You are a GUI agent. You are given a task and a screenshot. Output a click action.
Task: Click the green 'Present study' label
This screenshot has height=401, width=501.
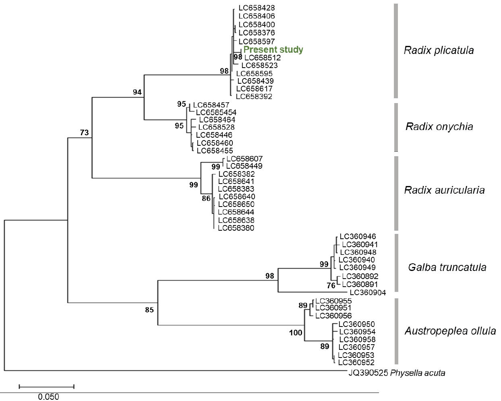click(x=273, y=50)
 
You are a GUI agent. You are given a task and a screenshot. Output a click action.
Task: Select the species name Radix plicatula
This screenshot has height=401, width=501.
click(x=439, y=50)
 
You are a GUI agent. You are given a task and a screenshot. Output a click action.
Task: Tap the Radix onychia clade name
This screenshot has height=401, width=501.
click(x=439, y=126)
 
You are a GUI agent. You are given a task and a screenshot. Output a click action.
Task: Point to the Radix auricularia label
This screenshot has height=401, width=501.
click(x=444, y=190)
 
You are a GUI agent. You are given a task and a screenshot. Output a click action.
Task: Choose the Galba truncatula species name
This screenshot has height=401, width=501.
click(x=447, y=267)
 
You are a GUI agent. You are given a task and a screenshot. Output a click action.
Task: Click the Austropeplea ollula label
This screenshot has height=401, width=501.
click(x=450, y=331)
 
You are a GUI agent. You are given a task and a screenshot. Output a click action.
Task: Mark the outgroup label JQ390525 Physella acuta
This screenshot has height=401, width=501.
click(x=397, y=373)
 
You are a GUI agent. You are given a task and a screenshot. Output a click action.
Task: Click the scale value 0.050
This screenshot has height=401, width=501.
click(x=48, y=397)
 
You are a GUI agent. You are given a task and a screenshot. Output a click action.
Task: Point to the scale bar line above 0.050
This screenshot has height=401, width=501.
click(x=46, y=387)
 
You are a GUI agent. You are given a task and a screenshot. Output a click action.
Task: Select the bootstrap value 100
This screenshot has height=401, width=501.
click(x=295, y=333)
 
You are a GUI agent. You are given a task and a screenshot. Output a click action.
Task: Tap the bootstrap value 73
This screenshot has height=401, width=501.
click(x=84, y=133)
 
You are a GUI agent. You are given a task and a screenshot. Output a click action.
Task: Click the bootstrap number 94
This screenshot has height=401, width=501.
click(x=137, y=92)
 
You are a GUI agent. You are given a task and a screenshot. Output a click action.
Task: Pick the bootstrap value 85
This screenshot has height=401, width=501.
click(x=149, y=310)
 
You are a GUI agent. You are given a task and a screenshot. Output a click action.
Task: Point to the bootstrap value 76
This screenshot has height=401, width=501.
click(x=331, y=286)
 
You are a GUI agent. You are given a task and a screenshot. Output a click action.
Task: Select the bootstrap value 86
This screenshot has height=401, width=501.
click(x=206, y=198)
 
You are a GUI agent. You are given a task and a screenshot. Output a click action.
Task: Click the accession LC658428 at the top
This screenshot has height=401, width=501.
click(x=257, y=8)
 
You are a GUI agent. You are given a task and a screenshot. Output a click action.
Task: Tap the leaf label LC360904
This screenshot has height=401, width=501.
click(x=368, y=293)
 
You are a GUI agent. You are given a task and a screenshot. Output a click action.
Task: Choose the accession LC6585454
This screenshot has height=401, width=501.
click(x=216, y=112)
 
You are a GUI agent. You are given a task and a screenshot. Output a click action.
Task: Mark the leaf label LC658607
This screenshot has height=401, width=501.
click(x=244, y=159)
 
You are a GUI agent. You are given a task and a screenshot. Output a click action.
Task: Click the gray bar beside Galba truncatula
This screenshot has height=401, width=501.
click(x=396, y=263)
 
